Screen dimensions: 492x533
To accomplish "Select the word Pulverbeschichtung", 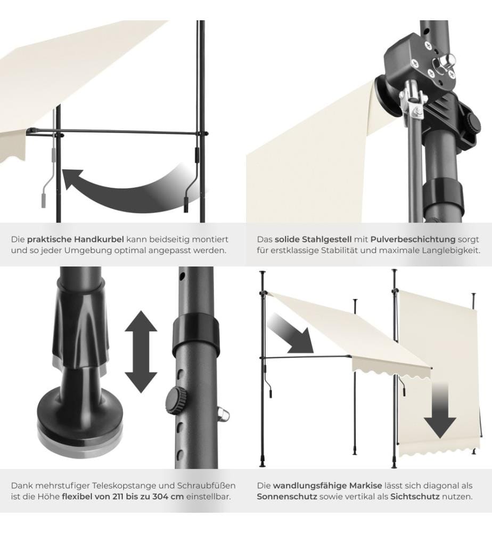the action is (413, 239).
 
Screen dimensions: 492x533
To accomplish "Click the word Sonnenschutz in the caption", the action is (287, 497).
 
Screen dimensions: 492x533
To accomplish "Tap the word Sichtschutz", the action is (415, 497).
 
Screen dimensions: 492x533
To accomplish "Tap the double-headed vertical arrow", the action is (141, 351).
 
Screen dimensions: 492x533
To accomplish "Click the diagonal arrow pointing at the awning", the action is (290, 333).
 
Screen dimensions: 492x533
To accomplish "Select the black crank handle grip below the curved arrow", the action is (186, 205).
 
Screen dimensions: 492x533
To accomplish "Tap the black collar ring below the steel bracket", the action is (443, 197).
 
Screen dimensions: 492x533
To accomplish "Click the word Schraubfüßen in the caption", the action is (207, 486).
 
